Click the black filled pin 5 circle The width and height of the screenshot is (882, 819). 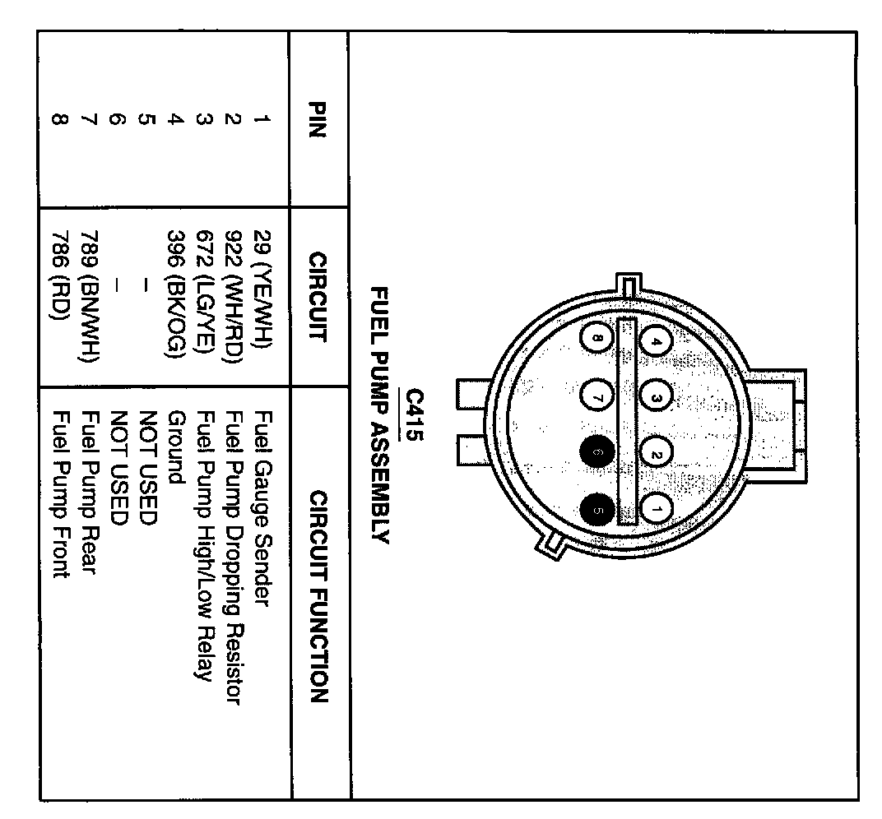click(x=597, y=510)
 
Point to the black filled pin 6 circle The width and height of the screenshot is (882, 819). click(x=597, y=452)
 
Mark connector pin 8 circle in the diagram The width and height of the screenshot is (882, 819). click(x=597, y=338)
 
